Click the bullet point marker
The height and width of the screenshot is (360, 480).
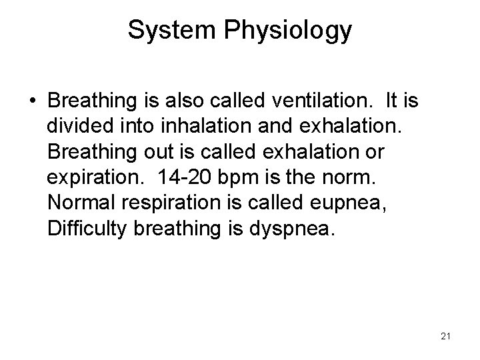tap(33, 103)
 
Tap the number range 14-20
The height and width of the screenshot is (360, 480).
tap(187, 178)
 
